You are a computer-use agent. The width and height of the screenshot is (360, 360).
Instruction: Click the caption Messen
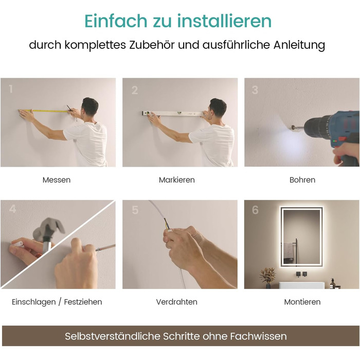pyautogui.click(x=57, y=180)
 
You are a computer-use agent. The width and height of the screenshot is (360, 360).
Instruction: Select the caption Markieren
pyautogui.click(x=176, y=180)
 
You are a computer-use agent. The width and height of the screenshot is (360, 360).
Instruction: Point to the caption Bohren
pyautogui.click(x=302, y=180)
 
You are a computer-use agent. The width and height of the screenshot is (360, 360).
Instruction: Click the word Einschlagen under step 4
pyautogui.click(x=34, y=302)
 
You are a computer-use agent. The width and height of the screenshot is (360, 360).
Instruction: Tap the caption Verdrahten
pyautogui.click(x=176, y=302)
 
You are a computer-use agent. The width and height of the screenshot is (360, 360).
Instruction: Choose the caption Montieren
pyautogui.click(x=302, y=302)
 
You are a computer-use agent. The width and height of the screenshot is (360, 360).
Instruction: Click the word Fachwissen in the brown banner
pyautogui.click(x=258, y=336)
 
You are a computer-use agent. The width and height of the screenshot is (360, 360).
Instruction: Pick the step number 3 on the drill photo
pyautogui.click(x=255, y=90)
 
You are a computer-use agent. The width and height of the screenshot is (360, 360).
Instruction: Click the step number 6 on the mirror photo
pyautogui.click(x=255, y=210)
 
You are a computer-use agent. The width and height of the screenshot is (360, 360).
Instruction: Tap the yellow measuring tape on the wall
pyautogui.click(x=45, y=111)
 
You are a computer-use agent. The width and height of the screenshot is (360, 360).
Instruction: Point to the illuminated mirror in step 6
pyautogui.click(x=300, y=237)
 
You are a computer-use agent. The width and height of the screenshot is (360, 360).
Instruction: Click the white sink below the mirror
pyautogui.click(x=302, y=285)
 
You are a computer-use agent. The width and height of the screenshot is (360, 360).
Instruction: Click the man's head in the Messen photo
pyautogui.click(x=90, y=106)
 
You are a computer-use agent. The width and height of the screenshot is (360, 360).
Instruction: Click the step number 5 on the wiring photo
pyautogui.click(x=135, y=210)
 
